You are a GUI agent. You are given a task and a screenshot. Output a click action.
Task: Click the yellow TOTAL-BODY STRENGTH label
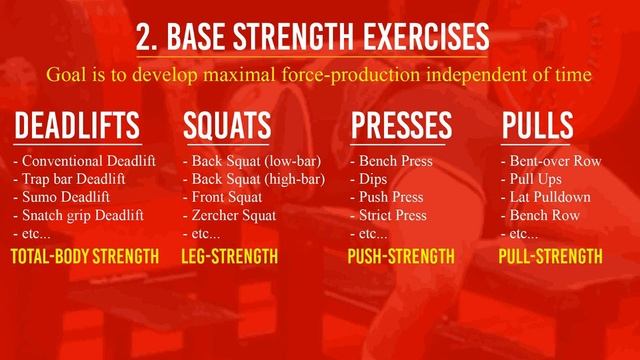(x=84, y=257)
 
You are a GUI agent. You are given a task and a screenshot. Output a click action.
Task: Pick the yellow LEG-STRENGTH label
(x=229, y=257)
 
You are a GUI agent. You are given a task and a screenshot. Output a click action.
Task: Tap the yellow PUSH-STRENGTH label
(x=400, y=257)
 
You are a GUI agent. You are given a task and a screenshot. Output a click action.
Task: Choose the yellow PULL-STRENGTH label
(x=550, y=257)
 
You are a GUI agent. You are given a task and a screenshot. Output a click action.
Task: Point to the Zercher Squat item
(x=233, y=215)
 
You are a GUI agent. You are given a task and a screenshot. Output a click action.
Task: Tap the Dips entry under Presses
(x=370, y=179)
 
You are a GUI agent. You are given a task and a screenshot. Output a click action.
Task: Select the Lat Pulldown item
(x=546, y=197)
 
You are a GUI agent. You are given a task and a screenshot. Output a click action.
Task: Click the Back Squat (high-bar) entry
(x=254, y=179)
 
